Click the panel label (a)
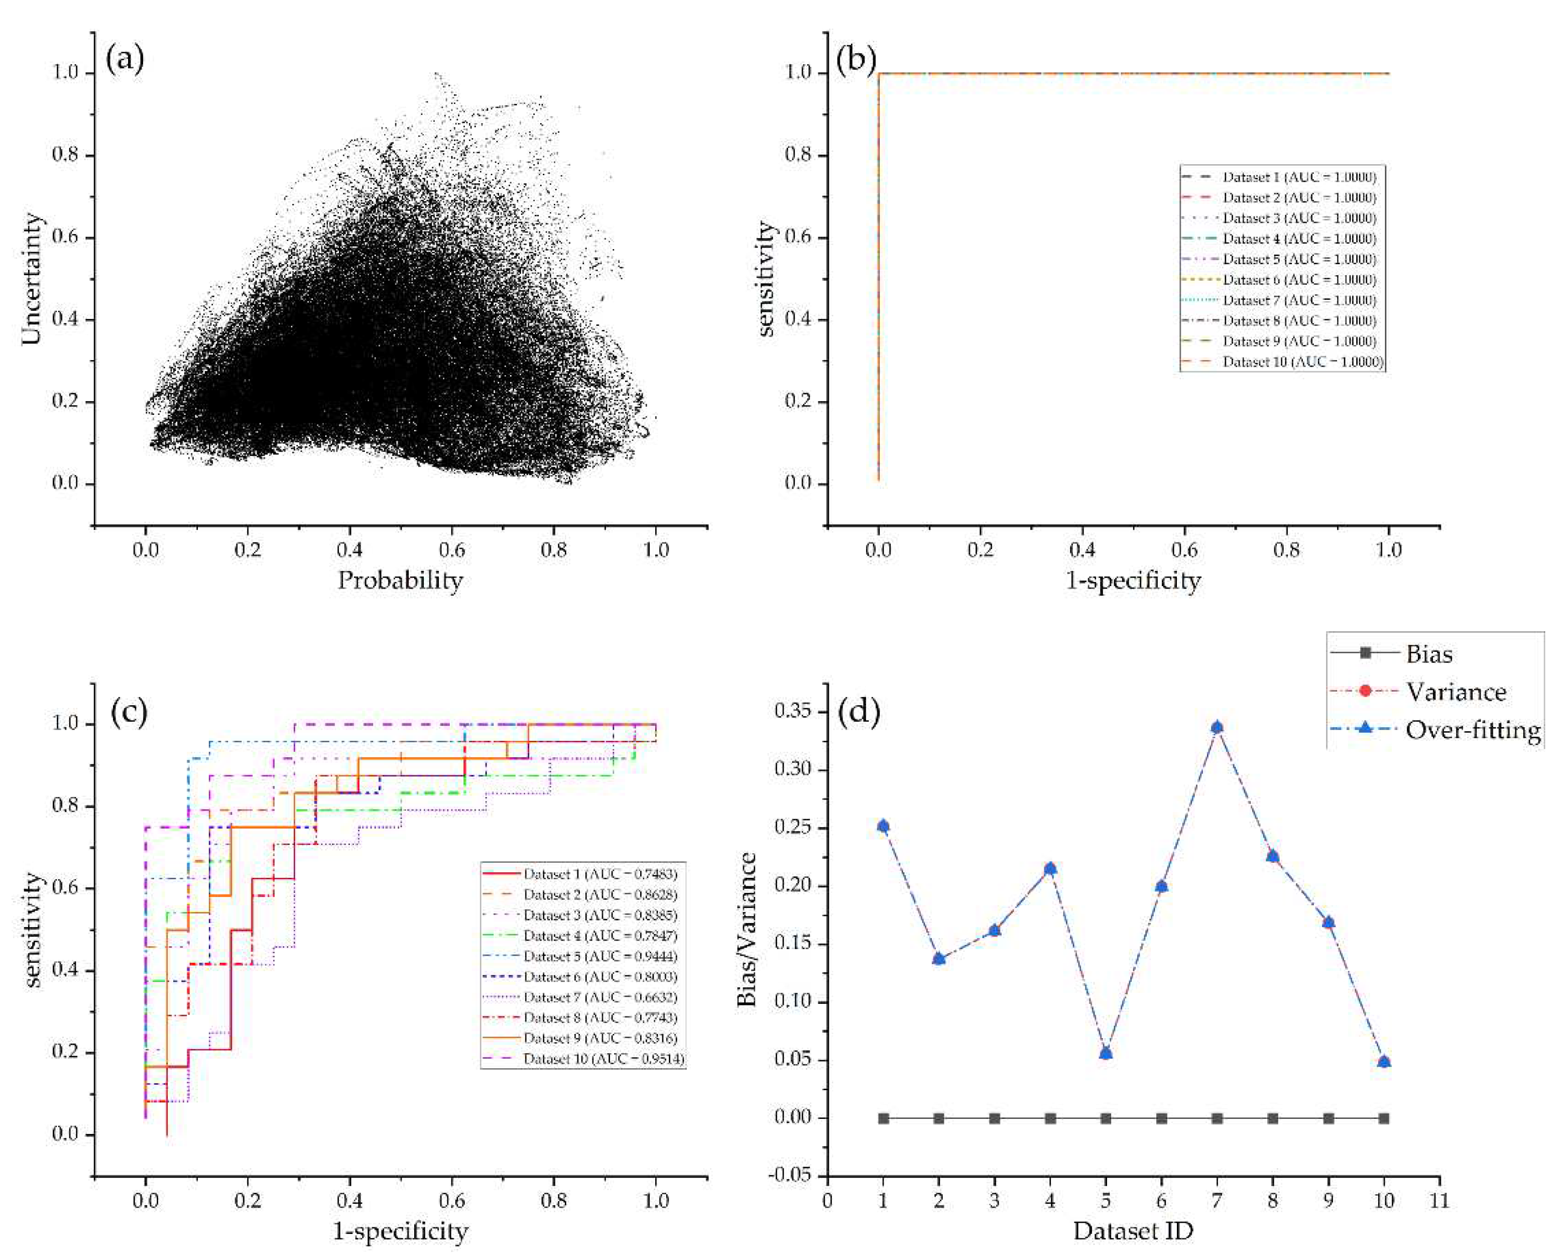(x=125, y=59)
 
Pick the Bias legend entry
(x=1428, y=653)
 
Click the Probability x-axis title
(x=400, y=581)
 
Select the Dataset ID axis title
(x=1133, y=1231)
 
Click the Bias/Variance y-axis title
(x=747, y=929)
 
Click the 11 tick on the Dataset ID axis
(x=1439, y=1199)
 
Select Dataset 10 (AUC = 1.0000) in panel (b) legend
(x=1302, y=362)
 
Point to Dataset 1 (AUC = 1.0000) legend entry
(x=1299, y=177)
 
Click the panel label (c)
(x=130, y=712)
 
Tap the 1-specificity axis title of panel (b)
(x=1133, y=581)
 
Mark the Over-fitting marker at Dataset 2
(x=939, y=958)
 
